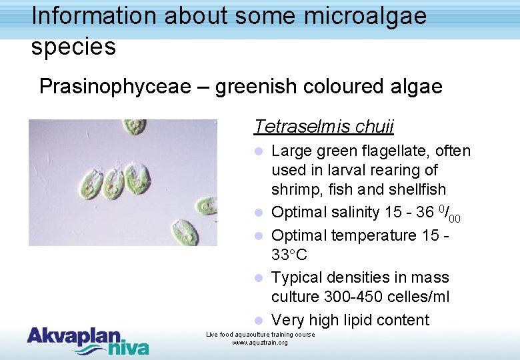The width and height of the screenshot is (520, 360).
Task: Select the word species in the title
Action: pos(73,47)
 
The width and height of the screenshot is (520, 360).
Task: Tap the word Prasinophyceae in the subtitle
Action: pos(123,87)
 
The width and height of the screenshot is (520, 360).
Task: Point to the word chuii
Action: pos(375,127)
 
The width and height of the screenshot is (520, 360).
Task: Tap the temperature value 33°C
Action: pos(289,255)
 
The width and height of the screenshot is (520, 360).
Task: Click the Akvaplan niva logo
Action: pos(87,340)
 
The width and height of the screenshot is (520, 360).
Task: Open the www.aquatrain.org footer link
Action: pos(260,343)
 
